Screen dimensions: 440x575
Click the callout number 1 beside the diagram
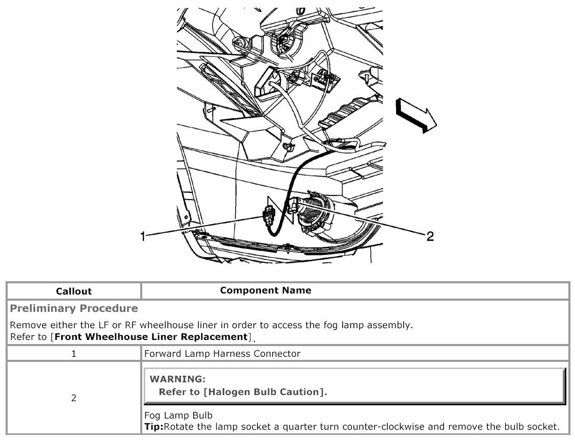pyautogui.click(x=143, y=236)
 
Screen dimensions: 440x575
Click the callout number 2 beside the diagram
pyautogui.click(x=430, y=236)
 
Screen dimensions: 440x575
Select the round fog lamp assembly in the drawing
pyautogui.click(x=315, y=214)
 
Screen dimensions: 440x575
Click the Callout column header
pyautogui.click(x=73, y=291)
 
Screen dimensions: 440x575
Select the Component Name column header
pyautogui.click(x=266, y=290)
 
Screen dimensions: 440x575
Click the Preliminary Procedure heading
pyautogui.click(x=74, y=308)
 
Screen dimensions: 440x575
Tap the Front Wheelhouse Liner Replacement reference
pyautogui.click(x=151, y=336)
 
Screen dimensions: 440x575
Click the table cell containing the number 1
pyautogui.click(x=73, y=353)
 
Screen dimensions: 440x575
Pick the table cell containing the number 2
pyautogui.click(x=73, y=398)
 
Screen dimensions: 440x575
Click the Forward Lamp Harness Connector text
pyautogui.click(x=222, y=353)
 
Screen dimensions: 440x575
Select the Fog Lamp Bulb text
pyautogui.click(x=178, y=415)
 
